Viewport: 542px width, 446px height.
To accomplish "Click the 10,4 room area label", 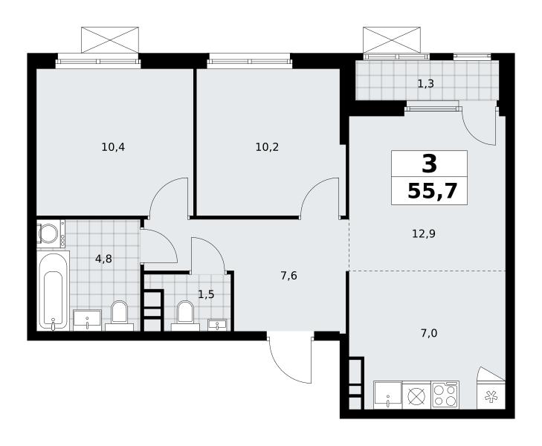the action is pyautogui.click(x=113, y=147).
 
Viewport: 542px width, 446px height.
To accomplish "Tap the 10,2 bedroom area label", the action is pyautogui.click(x=267, y=147).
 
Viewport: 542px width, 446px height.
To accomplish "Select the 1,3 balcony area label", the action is pyautogui.click(x=425, y=83).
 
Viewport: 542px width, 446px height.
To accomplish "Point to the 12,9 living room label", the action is pyautogui.click(x=424, y=234).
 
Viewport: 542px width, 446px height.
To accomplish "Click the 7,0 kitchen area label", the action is pyautogui.click(x=429, y=333).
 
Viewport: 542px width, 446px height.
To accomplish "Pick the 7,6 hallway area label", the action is pyautogui.click(x=288, y=276).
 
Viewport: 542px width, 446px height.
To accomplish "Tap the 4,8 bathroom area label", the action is pyautogui.click(x=103, y=259).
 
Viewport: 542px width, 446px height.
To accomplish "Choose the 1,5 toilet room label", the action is pyautogui.click(x=206, y=294).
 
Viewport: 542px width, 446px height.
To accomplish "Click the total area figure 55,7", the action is pyautogui.click(x=433, y=191).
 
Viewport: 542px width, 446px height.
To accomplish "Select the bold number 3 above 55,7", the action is pyautogui.click(x=429, y=164).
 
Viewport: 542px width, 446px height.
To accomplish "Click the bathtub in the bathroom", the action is pyautogui.click(x=54, y=291).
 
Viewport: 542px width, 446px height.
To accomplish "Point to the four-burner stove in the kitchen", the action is pyautogui.click(x=445, y=395).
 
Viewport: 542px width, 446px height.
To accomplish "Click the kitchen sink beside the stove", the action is pyautogui.click(x=388, y=395).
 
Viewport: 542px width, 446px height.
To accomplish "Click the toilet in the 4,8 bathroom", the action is pyautogui.click(x=120, y=315).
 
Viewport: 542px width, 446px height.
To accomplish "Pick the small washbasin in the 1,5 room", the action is pyautogui.click(x=217, y=325).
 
